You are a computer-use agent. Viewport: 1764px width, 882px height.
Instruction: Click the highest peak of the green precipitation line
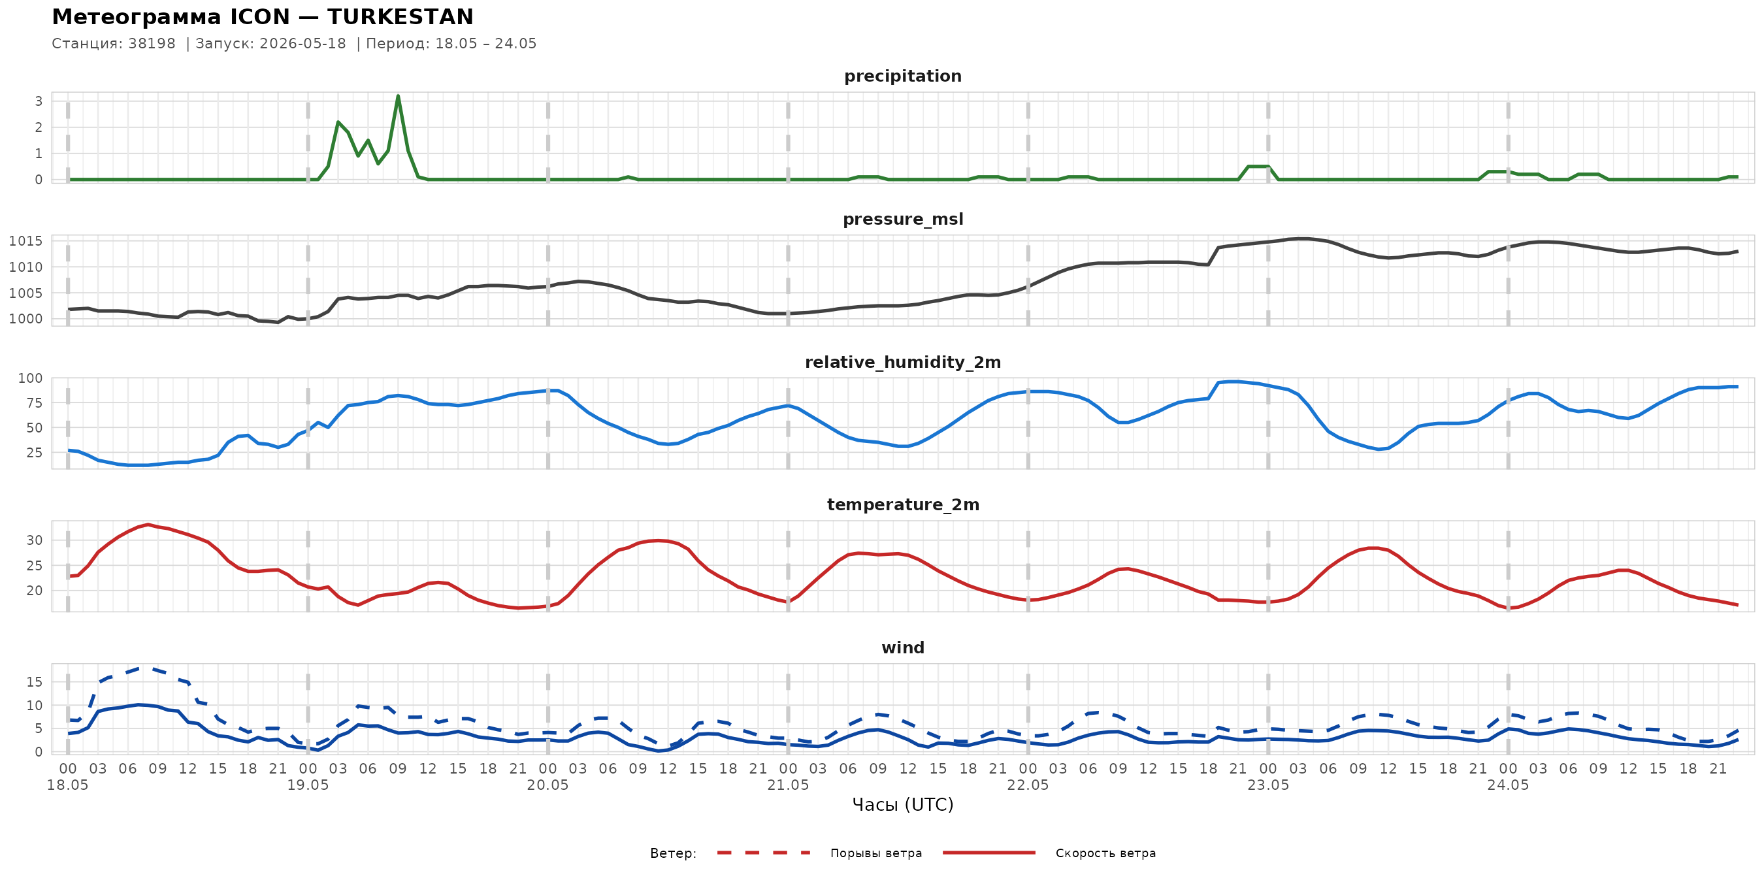pos(398,96)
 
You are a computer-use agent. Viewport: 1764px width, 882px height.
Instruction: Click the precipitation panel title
pos(902,76)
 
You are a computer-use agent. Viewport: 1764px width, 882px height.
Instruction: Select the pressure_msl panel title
pos(902,219)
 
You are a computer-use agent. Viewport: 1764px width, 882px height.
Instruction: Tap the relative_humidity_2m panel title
pos(902,362)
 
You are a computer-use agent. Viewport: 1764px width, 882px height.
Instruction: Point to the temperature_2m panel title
pos(902,504)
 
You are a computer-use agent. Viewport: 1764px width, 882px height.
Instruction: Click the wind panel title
pos(902,648)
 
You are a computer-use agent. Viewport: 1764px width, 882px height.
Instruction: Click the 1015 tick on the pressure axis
pos(25,241)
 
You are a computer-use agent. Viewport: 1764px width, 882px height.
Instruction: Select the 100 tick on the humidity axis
pos(30,378)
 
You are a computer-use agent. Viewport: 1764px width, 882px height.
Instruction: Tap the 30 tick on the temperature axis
pos(34,540)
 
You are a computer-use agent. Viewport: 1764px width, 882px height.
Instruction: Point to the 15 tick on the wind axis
pos(34,682)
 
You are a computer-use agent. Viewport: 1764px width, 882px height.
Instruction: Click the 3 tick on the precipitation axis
pos(39,101)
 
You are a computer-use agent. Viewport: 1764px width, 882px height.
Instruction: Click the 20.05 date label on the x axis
pos(548,785)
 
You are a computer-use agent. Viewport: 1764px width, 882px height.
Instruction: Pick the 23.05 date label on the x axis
pos(1268,785)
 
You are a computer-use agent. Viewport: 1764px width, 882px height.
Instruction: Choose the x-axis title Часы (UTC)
pos(902,805)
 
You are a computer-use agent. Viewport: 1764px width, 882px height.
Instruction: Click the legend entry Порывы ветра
pos(876,853)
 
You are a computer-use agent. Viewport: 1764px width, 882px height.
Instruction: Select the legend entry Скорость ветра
pos(1105,853)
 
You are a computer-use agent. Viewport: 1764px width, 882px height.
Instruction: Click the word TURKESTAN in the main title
pos(400,16)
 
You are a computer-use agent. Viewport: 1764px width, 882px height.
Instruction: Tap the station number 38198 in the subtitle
pos(152,44)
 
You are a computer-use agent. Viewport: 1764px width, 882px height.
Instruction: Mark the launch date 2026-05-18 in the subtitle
pos(302,44)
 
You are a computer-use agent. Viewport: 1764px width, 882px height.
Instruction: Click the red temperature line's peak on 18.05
pos(148,525)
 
